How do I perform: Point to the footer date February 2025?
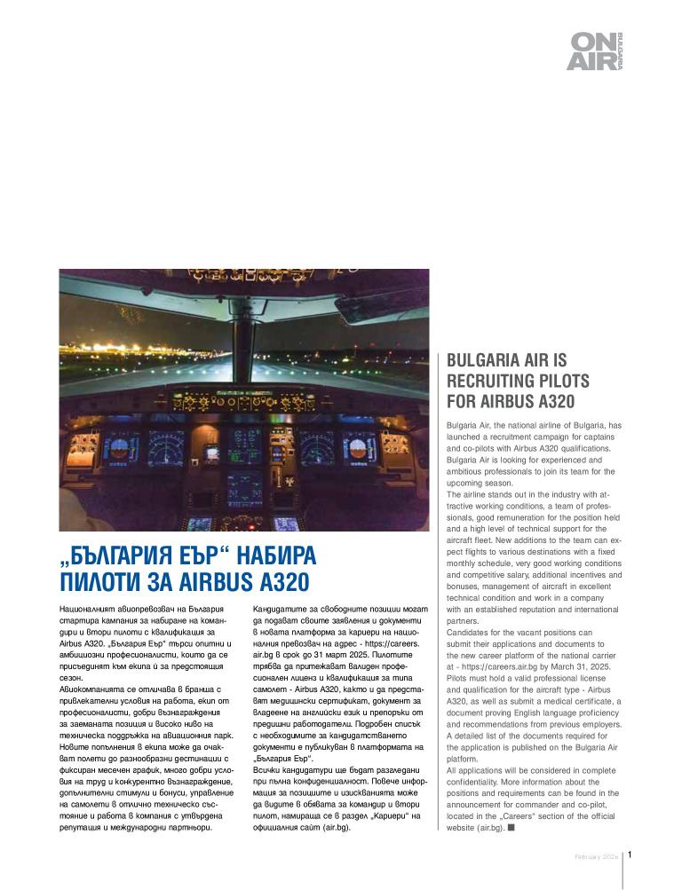click(x=595, y=856)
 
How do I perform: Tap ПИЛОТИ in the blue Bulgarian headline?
click(x=100, y=583)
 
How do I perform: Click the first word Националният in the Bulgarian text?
click(x=89, y=609)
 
